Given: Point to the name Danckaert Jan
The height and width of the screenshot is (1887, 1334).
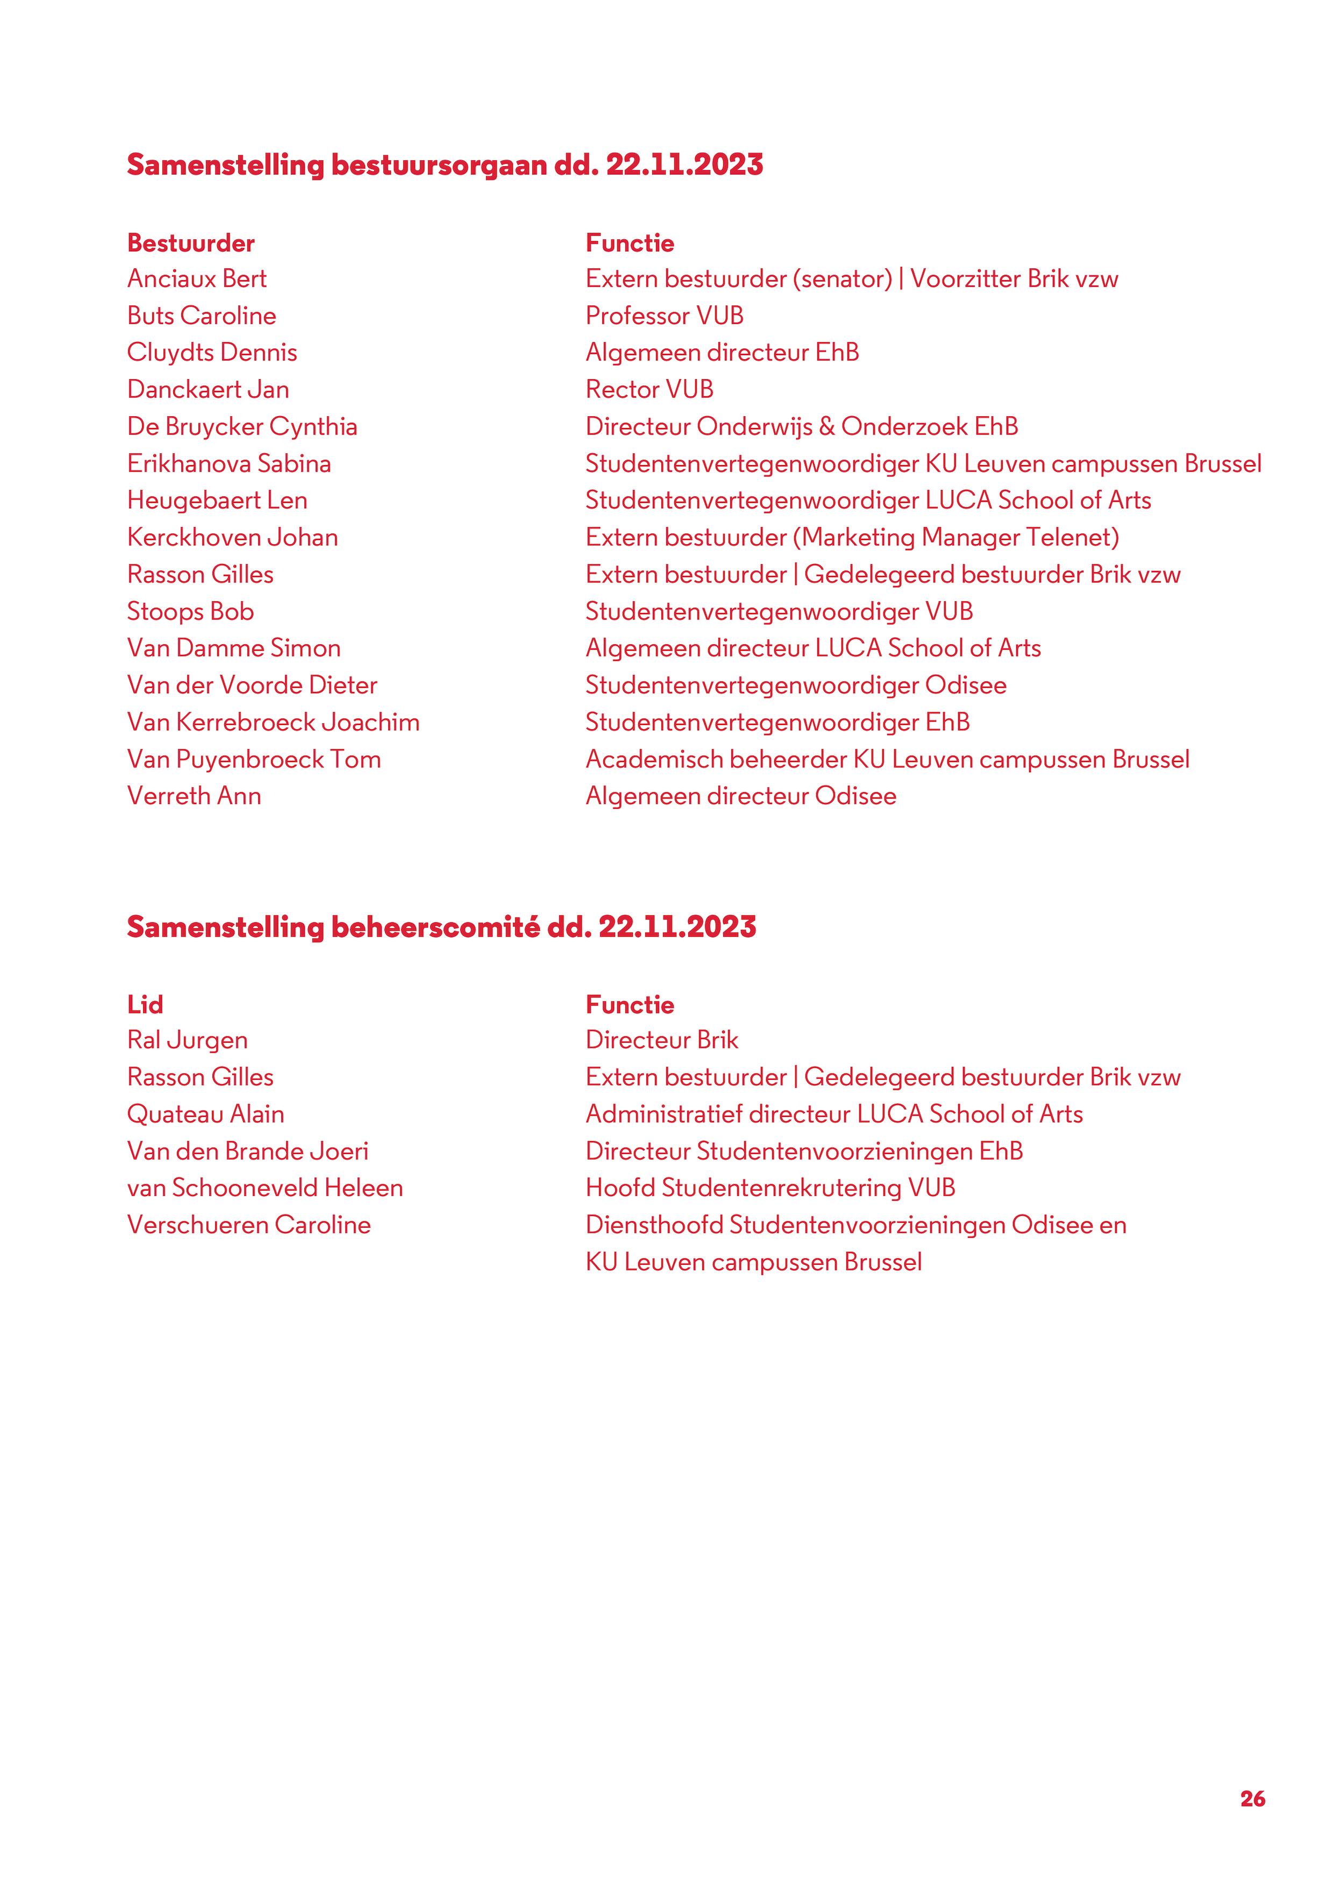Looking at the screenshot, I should [x=208, y=389].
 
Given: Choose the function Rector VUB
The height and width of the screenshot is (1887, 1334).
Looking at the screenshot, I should [x=650, y=389].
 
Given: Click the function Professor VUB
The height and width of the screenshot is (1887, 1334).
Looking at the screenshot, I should [x=664, y=316].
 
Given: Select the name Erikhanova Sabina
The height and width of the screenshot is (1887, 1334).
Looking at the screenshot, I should [x=229, y=464].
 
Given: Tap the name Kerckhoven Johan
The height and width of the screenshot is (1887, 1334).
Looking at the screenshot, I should [x=233, y=538].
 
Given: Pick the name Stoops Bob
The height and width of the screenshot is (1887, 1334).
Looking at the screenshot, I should [x=190, y=611].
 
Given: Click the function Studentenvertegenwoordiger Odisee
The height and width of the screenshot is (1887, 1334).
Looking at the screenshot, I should [x=796, y=686].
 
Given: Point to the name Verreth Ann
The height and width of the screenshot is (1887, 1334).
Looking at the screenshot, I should [x=194, y=796].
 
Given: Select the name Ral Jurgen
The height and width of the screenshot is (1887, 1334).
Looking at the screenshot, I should [x=188, y=1041].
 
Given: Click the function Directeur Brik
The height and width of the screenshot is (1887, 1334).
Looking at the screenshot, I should [x=662, y=1041].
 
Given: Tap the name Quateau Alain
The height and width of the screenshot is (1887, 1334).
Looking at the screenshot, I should [x=205, y=1114].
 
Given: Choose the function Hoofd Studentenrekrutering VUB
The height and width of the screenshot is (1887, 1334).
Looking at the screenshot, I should [x=770, y=1188].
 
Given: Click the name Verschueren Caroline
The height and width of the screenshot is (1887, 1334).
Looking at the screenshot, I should [x=248, y=1226].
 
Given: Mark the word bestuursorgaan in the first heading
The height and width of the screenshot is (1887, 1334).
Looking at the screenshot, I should [x=439, y=165].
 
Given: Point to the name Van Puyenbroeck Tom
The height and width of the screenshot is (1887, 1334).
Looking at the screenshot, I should [x=254, y=759].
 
